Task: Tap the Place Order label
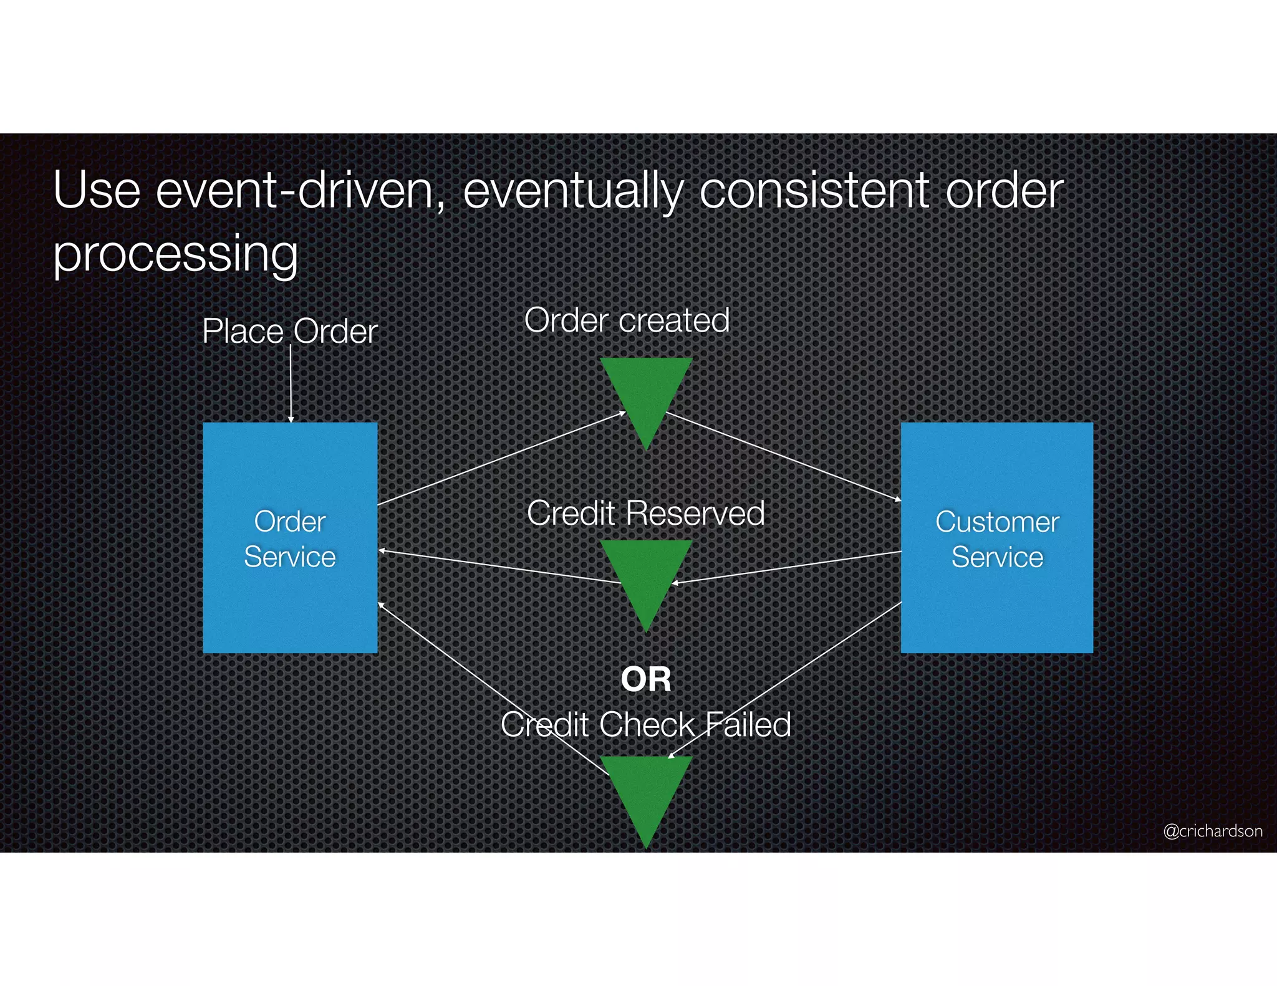(290, 331)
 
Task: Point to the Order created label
(627, 320)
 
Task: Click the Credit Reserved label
(645, 513)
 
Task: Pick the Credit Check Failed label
(645, 724)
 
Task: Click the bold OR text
(646, 679)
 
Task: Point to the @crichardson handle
(1212, 831)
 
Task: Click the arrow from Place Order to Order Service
(291, 383)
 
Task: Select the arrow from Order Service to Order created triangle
(499, 459)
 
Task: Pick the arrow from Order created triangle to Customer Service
(783, 456)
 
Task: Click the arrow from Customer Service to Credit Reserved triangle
(786, 567)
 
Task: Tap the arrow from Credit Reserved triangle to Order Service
(499, 567)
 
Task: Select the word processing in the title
(175, 254)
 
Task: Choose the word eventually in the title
(573, 191)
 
